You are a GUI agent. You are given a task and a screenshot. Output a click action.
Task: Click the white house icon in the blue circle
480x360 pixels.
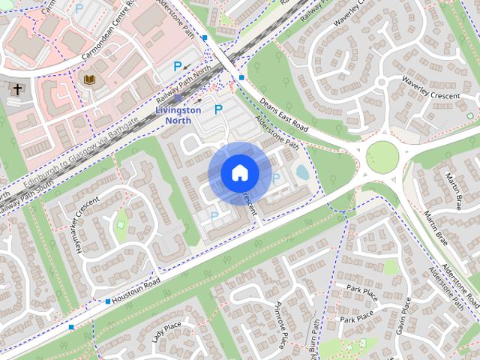[239, 173]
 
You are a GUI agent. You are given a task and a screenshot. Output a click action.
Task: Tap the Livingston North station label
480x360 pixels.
[178, 114]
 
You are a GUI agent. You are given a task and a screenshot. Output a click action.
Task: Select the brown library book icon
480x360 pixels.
[90, 79]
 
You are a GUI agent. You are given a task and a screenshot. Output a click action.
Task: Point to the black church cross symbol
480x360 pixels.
[17, 89]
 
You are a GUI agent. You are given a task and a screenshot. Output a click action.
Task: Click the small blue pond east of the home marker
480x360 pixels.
[301, 172]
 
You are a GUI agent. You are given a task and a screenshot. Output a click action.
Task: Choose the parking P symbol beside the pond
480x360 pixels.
[276, 178]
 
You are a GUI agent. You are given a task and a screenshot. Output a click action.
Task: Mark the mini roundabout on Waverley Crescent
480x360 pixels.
[381, 82]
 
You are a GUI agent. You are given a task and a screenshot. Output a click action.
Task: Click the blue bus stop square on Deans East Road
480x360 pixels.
[241, 77]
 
